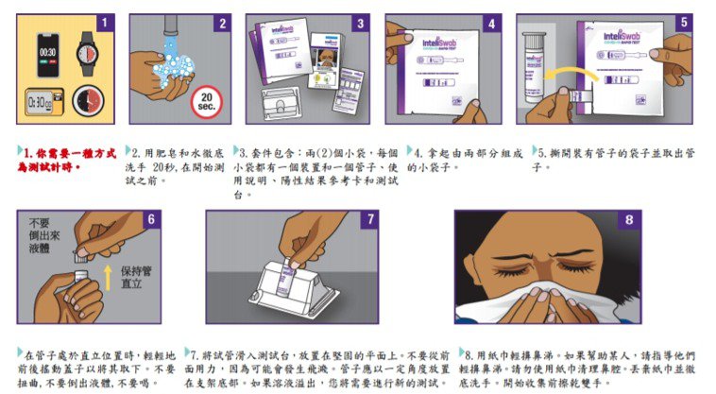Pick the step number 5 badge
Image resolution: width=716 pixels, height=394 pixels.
[x=684, y=23]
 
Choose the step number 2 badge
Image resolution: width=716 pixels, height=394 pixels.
[x=223, y=23]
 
